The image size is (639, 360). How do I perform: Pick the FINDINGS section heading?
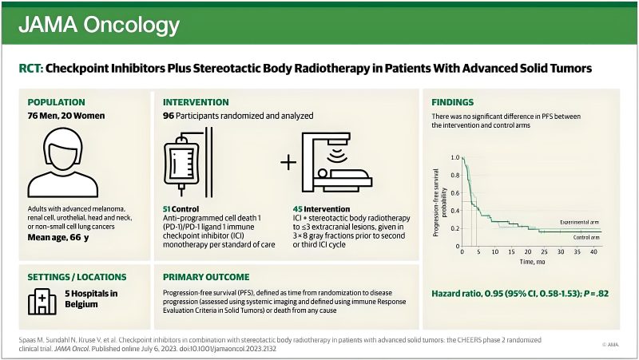(453, 102)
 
